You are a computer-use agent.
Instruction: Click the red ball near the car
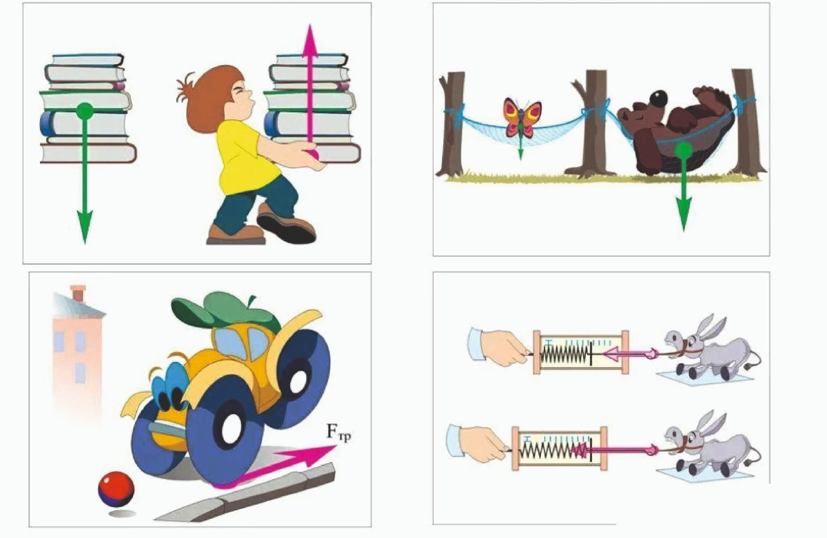(116, 490)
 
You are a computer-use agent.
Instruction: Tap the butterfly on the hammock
(522, 117)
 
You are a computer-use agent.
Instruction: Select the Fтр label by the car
(338, 432)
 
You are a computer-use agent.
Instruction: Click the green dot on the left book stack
(85, 111)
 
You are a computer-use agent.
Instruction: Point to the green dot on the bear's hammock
(684, 151)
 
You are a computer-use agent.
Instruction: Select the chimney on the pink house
(78, 293)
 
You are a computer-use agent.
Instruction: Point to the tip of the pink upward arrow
(311, 24)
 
